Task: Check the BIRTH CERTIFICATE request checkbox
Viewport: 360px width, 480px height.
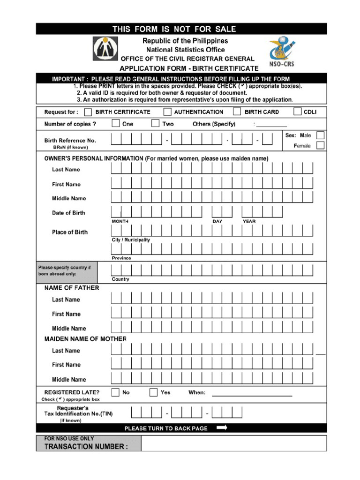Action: [88, 112]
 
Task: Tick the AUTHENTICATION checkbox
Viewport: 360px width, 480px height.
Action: [167, 112]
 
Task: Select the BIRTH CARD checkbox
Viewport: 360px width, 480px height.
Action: [237, 112]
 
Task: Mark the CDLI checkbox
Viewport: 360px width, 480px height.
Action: [297, 112]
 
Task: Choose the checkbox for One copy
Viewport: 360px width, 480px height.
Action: [115, 124]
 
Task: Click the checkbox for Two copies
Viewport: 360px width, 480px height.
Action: [155, 124]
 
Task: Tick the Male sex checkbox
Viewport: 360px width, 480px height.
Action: [320, 135]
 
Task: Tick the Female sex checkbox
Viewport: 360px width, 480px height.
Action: [320, 145]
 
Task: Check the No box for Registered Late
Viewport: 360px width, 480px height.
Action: [115, 392]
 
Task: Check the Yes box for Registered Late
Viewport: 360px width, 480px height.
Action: [153, 392]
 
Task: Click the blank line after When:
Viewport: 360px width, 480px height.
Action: [252, 395]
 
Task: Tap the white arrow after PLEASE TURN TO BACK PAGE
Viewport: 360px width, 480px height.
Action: [222, 427]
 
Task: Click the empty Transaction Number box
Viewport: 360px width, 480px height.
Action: [233, 443]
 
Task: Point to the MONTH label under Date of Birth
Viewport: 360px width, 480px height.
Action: [120, 221]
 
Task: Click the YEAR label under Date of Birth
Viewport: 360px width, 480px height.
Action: [249, 221]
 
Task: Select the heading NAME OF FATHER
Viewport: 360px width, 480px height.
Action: [72, 288]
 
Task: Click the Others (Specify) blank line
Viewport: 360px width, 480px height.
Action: [271, 126]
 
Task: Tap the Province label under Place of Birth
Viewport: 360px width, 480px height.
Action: [121, 258]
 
